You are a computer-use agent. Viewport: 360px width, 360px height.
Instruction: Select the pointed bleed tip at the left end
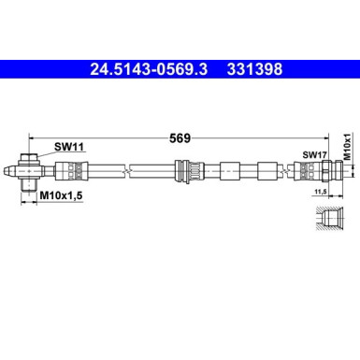pyautogui.click(x=12, y=171)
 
